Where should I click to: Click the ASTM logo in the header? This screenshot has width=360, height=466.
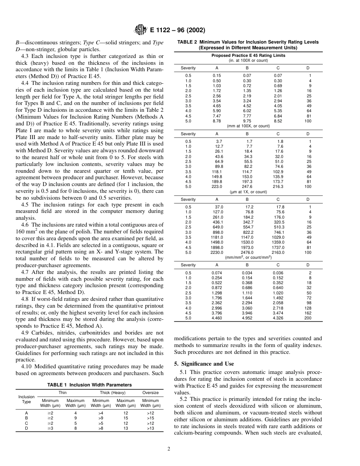pos(140,30)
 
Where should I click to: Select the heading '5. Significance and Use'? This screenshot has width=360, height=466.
pos(204,364)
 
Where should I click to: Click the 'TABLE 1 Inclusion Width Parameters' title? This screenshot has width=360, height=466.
pos(89,385)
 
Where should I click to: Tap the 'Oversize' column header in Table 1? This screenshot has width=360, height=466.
pos(150,393)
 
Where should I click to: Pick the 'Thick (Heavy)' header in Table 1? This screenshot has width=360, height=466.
pos(113,393)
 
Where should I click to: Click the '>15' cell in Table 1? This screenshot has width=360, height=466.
pos(150,418)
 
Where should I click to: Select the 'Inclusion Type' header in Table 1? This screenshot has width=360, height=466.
pos(27,399)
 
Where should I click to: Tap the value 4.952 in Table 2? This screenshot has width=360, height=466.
pos(247,318)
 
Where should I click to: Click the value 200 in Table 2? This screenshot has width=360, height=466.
pos(308,318)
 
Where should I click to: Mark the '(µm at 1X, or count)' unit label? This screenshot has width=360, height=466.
pos(248,192)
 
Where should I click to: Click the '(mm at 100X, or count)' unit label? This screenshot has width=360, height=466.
pos(248,126)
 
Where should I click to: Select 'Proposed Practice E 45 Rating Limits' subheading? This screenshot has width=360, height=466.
pos(248,55)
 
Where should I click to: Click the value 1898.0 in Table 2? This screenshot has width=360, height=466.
pos(218,247)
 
